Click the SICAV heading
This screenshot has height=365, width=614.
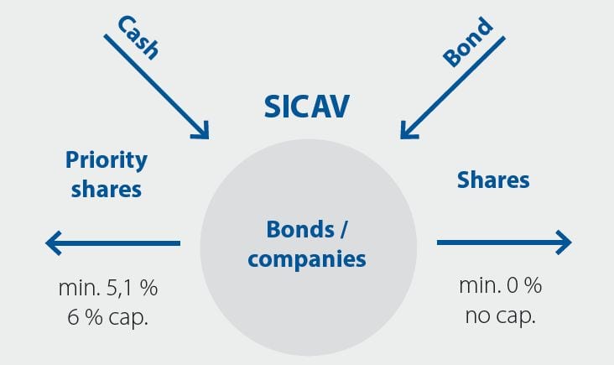click(307, 107)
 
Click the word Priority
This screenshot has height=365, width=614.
click(106, 160)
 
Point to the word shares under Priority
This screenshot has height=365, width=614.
click(106, 189)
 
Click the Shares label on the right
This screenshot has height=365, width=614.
click(493, 180)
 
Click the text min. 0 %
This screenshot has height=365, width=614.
click(500, 286)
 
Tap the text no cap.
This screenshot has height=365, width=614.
click(500, 316)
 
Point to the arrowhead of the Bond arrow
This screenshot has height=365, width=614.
click(408, 130)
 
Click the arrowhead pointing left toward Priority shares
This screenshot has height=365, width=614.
click(54, 244)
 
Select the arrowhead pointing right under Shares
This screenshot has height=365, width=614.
click(563, 243)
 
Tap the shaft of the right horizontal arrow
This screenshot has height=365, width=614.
click(495, 243)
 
